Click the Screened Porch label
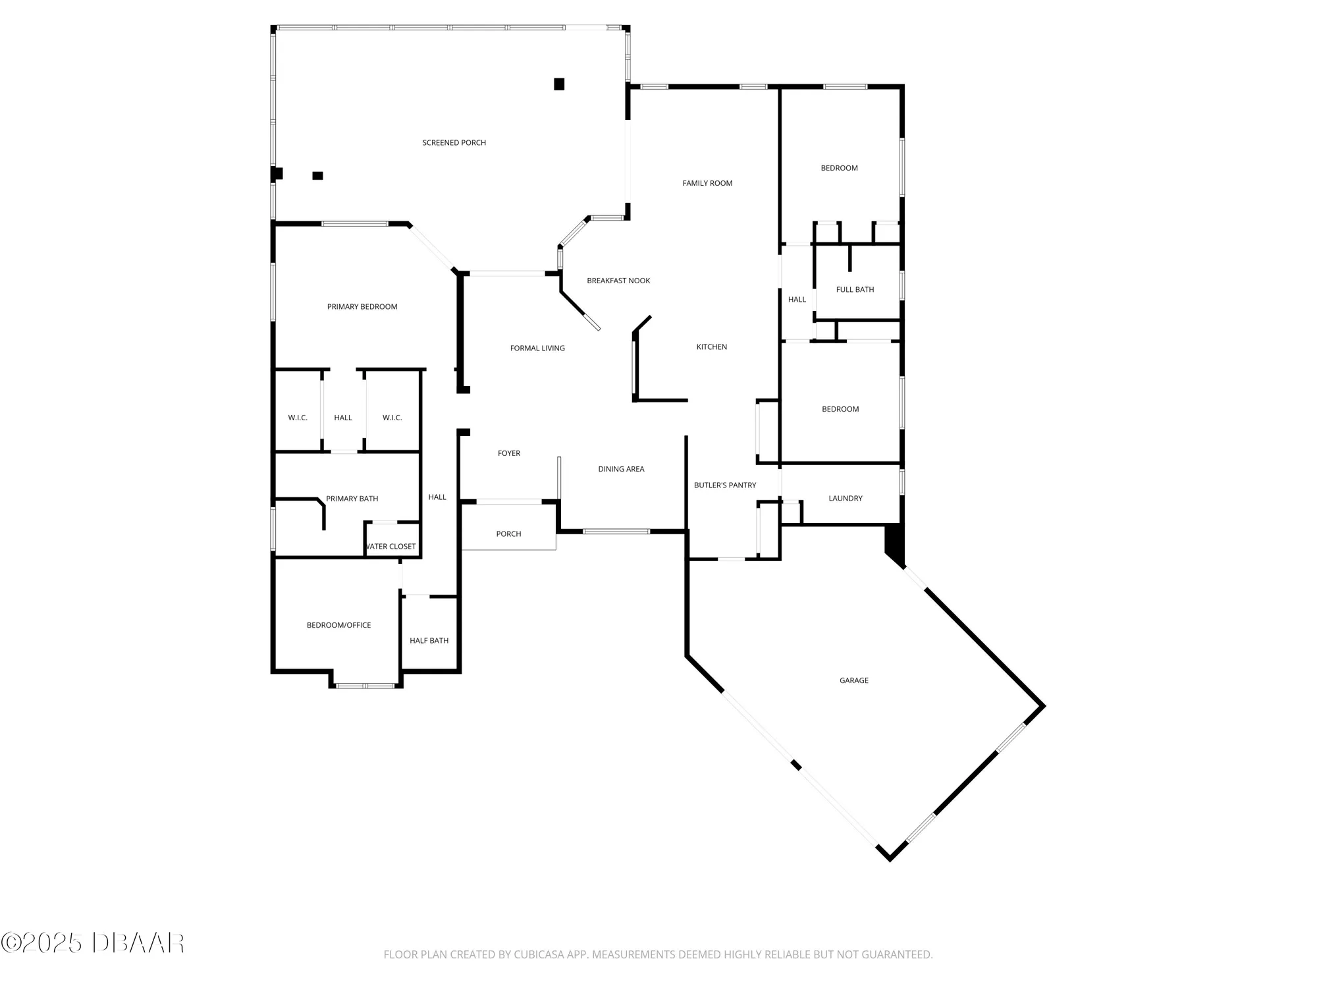coord(454,143)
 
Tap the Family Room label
coord(707,183)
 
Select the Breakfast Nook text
coord(618,281)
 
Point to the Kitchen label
coord(712,347)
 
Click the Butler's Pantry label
coord(725,485)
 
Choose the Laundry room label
coord(845,499)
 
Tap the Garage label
coord(853,680)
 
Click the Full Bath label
coord(855,290)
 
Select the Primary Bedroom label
coord(362,307)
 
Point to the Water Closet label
coord(391,547)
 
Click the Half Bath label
coord(429,641)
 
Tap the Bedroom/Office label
coord(338,625)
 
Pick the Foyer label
coord(509,453)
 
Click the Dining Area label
coord(621,469)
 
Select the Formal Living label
coord(537,348)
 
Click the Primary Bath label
coord(352,499)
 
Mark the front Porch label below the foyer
coord(508,534)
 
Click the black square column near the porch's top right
coord(559,84)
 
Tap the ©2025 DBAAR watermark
coord(93,943)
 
